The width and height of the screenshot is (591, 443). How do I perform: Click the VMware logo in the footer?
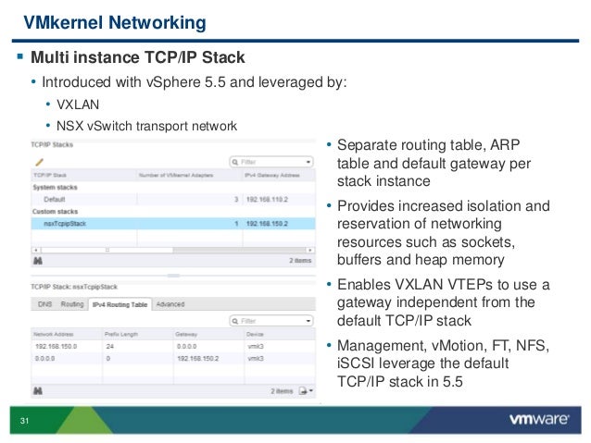(538, 419)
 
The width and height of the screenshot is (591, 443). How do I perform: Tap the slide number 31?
(25, 423)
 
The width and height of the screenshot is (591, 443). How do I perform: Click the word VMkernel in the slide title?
(60, 20)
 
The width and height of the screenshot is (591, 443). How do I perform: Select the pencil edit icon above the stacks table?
(39, 160)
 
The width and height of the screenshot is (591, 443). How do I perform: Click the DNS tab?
(45, 303)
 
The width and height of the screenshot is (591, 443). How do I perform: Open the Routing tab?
(72, 303)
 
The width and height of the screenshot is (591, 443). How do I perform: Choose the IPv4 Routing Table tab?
(119, 303)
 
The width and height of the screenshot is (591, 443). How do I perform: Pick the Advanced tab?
(170, 303)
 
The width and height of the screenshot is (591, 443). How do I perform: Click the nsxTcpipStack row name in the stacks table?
(66, 223)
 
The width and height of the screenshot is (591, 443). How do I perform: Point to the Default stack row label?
(54, 198)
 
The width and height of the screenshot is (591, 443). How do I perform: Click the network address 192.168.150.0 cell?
(57, 343)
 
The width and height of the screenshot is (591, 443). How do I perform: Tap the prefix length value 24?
(109, 343)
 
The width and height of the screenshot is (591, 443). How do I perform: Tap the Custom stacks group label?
(55, 211)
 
